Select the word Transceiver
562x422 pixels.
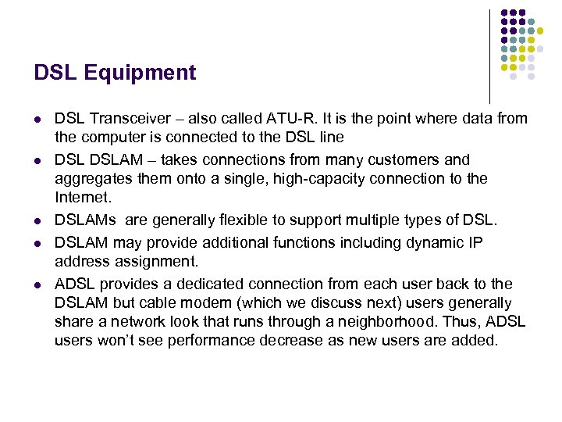[126, 119]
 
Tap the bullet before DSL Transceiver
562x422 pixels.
[37, 120]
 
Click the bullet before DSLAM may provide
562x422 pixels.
[37, 243]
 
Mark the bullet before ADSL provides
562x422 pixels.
[37, 284]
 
